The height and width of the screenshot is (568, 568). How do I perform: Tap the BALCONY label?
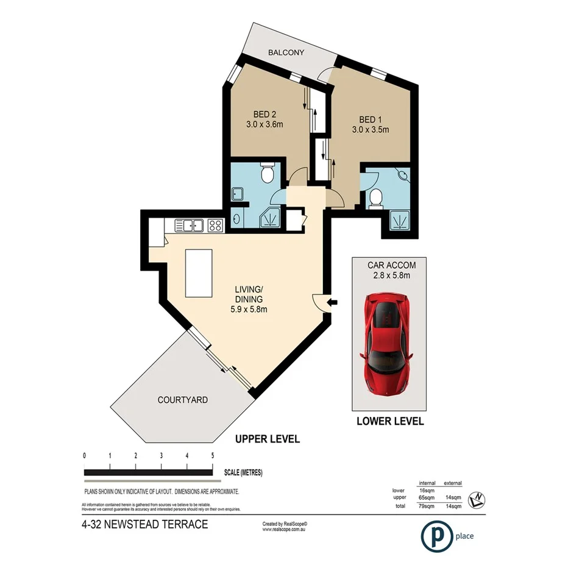tap(286, 53)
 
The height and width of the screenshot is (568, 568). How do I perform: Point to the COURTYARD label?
tap(182, 400)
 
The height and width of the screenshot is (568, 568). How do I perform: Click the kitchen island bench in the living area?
tap(199, 272)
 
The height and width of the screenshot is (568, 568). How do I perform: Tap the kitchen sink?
tap(190, 225)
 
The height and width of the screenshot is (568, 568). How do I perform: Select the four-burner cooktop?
tap(215, 225)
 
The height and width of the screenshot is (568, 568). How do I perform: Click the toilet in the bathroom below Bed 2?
tap(267, 174)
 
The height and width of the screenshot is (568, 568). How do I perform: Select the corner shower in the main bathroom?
tap(272, 218)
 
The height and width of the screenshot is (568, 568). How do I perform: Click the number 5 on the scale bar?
tap(212, 456)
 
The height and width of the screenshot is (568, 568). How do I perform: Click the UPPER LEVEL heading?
tap(268, 439)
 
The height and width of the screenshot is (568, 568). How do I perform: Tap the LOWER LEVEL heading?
tap(390, 421)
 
